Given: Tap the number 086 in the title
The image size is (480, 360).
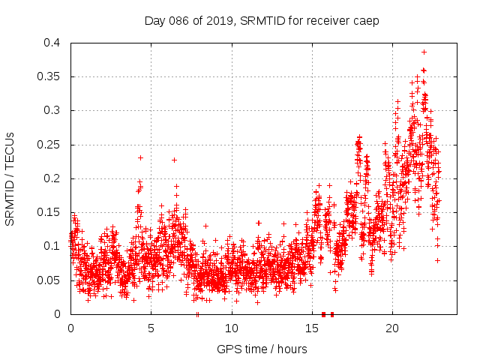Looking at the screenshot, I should (x=178, y=21).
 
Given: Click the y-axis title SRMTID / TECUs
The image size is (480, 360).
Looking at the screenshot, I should (x=10, y=178).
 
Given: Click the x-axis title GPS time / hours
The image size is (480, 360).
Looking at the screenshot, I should (x=261, y=349).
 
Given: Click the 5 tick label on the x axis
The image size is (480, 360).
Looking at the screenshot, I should (x=151, y=328).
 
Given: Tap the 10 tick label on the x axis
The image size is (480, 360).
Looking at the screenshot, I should (x=231, y=328).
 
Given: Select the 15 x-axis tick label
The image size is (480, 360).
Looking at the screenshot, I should (x=311, y=328).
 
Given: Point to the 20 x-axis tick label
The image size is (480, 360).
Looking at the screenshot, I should (x=391, y=328).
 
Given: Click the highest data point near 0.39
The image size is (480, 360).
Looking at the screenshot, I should (x=424, y=52).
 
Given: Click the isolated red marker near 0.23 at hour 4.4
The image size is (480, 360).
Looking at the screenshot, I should (x=140, y=157).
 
